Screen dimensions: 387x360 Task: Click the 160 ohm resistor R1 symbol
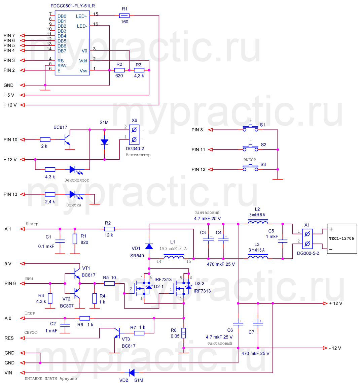coord(124,15)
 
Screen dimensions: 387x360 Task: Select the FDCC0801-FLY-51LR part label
coord(73,6)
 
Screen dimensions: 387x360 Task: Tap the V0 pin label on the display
coord(84,51)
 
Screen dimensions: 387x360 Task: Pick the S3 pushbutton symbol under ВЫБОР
coord(251,168)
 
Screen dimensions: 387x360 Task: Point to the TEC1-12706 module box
coord(342,238)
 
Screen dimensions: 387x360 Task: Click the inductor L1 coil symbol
coord(173,258)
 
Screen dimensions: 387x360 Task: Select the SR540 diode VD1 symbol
coord(149,246)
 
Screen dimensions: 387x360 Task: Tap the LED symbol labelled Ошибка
coord(73,194)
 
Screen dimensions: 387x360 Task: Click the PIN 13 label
coord(10,194)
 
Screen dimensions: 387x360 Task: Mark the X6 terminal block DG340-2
coord(134,134)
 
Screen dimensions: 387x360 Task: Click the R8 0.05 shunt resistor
coord(183,333)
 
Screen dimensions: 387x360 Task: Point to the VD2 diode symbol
coord(132,373)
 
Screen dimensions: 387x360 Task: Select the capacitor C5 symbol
coord(283,241)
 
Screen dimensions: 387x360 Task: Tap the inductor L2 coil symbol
coord(258,222)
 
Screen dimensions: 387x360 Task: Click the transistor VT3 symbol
coord(117,333)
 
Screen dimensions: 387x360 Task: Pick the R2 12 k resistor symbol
coord(109,229)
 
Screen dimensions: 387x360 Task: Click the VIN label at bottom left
coord(8,373)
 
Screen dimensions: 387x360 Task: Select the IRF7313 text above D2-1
coord(163,280)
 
